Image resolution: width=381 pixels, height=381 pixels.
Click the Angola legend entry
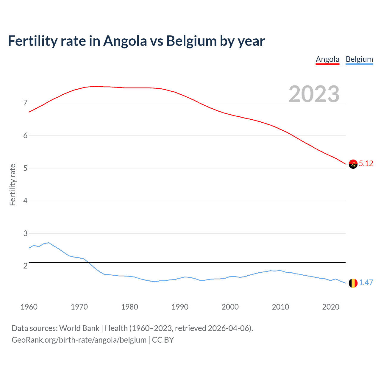327,59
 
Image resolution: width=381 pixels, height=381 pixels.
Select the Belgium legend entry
359,59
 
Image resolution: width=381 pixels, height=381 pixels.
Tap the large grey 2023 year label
314,94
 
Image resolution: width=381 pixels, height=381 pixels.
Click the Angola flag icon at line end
353,164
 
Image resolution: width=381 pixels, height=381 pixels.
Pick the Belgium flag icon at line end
353,283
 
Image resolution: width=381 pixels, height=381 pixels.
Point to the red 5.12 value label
366,163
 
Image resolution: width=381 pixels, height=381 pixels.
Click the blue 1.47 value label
366,282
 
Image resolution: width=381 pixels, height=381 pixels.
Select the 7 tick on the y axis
25,103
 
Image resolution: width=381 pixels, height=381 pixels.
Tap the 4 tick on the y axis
25,201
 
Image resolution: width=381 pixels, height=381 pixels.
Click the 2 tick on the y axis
25,266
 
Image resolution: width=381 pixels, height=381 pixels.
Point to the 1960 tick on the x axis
29,307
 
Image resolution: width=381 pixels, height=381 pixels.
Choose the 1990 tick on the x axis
180,307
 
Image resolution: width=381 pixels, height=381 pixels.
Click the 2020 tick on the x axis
331,307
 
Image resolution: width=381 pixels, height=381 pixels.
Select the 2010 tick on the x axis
280,307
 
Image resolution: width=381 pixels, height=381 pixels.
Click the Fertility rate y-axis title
13,185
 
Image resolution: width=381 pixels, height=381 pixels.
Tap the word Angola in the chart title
125,41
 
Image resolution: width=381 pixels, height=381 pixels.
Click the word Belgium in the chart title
191,41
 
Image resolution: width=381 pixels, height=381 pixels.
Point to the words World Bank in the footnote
79,328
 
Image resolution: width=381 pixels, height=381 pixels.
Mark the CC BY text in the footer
163,340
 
